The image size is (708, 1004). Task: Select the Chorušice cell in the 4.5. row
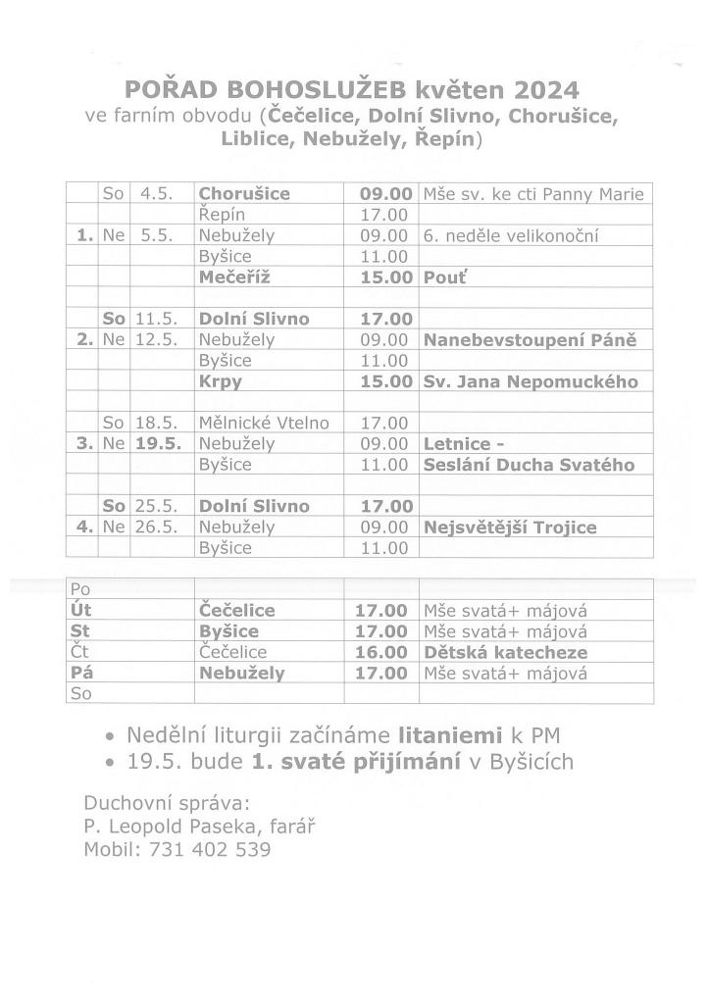tap(244, 193)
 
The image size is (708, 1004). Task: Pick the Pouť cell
tap(440, 277)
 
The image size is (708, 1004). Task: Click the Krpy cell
tap(220, 381)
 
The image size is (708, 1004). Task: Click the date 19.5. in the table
tap(158, 444)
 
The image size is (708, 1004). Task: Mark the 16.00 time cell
tap(381, 652)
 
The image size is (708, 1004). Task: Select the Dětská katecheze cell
tap(505, 652)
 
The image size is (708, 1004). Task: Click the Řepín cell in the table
tap(222, 215)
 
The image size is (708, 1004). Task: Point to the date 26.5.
tap(157, 527)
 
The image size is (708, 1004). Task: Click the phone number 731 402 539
tap(211, 850)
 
